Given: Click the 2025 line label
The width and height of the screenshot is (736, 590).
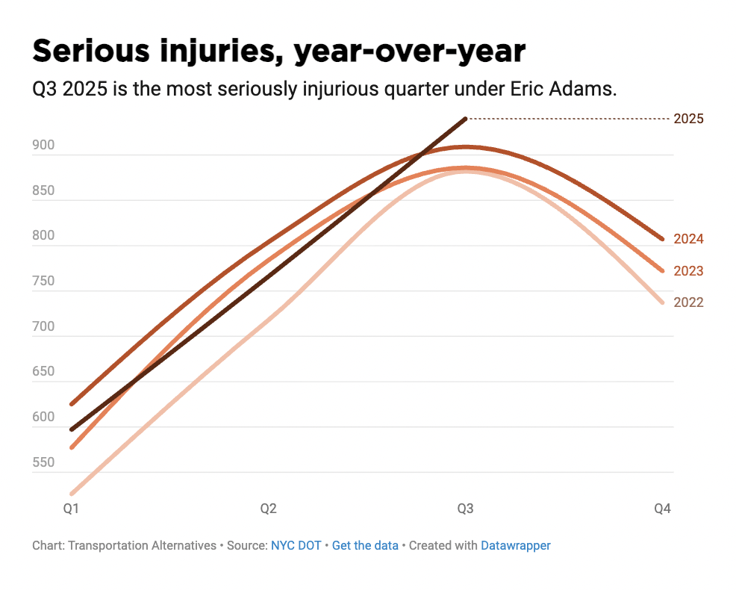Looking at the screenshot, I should click(687, 119).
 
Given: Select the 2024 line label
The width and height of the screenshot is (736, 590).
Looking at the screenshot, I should click(687, 239).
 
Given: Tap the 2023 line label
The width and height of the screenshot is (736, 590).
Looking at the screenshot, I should click(687, 271).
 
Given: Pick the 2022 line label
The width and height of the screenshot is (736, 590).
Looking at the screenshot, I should click(687, 302).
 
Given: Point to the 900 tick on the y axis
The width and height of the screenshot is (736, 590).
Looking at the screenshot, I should click(43, 145).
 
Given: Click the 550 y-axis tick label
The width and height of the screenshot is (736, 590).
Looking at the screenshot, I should click(43, 462).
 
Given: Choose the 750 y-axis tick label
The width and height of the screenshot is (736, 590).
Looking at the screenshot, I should click(43, 281).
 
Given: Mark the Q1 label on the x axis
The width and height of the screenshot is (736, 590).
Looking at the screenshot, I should click(71, 509).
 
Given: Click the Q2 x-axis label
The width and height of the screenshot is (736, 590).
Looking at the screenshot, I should click(268, 509).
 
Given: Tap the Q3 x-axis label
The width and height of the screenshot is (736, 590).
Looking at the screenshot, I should click(465, 509).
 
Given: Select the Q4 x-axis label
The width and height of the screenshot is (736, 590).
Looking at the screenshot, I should click(662, 509).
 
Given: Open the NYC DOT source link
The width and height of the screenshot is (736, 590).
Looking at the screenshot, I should click(296, 546).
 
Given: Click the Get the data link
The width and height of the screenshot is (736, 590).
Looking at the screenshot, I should click(365, 546).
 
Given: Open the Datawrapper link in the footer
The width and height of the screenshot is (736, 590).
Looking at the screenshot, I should click(515, 546).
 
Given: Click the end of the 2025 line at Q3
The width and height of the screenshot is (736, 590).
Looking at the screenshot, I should click(465, 119).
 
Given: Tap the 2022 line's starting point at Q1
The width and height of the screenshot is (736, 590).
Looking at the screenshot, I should click(72, 494).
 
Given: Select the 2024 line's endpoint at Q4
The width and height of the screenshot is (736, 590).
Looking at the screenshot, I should click(661, 239).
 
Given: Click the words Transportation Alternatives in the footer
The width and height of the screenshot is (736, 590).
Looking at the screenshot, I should click(142, 546).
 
